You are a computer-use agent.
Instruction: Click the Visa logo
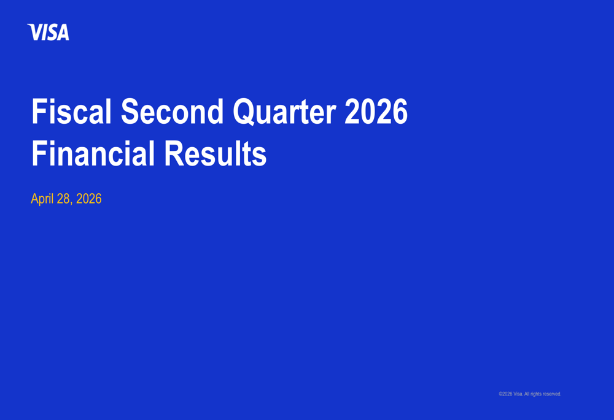(x=48, y=32)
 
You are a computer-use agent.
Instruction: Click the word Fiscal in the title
(x=72, y=112)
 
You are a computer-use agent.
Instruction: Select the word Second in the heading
(x=173, y=112)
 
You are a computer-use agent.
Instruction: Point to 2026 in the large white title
(x=376, y=112)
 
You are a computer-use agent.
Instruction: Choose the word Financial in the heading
(x=93, y=153)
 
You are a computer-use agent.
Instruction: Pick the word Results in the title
(x=216, y=153)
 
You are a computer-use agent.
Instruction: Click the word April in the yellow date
(x=42, y=199)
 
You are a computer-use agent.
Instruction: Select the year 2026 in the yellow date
(x=89, y=199)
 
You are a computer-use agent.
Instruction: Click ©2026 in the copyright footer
(x=505, y=394)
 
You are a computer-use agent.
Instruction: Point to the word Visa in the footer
(x=518, y=394)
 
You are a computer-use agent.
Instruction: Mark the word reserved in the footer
(x=552, y=394)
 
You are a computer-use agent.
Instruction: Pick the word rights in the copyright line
(x=536, y=394)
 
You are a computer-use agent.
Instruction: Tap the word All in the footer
(x=527, y=394)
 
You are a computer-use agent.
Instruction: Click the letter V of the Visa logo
(x=35, y=32)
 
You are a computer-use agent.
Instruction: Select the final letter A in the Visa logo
(x=63, y=32)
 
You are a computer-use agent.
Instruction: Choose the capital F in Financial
(x=38, y=153)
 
